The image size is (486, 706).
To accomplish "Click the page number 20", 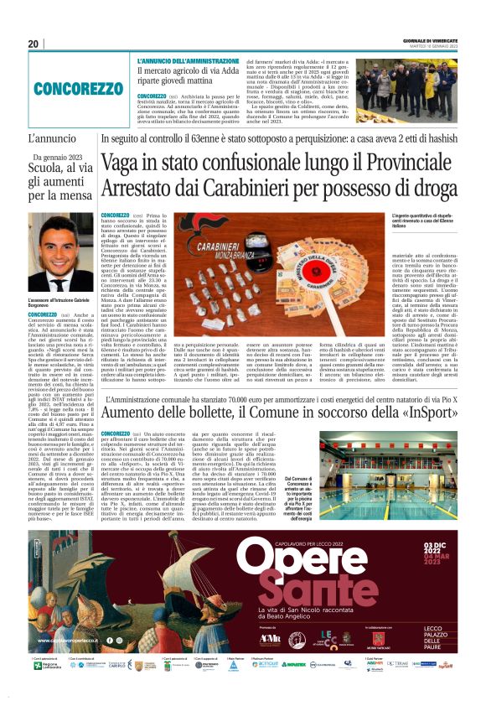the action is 34,44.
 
